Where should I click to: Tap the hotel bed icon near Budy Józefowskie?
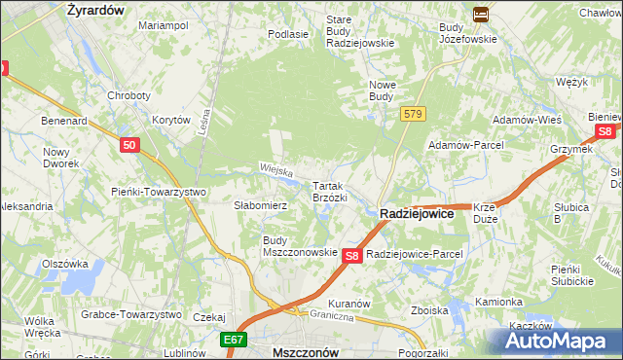click(x=480, y=14)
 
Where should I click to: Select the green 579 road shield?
click(x=413, y=115)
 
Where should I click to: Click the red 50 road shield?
click(x=131, y=145)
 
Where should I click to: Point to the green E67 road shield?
click(x=232, y=341)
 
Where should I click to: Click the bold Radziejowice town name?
click(x=416, y=214)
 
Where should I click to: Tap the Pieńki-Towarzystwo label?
click(x=158, y=192)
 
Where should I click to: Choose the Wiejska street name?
click(x=276, y=169)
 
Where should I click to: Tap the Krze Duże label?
click(x=486, y=212)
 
